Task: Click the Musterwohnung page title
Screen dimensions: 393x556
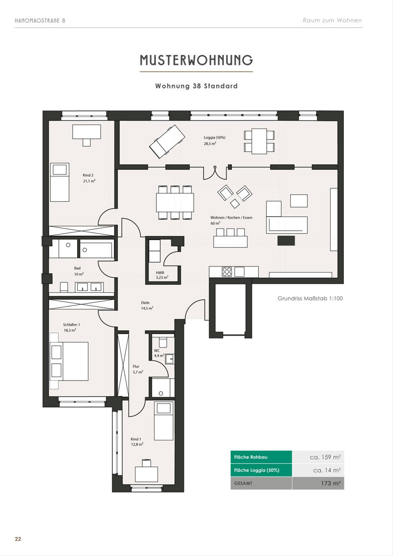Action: point(196,60)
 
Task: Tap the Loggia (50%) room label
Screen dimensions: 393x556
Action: point(215,138)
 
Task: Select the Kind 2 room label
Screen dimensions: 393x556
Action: point(88,175)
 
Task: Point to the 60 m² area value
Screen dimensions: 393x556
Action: point(215,223)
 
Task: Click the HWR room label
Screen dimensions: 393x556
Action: point(160,273)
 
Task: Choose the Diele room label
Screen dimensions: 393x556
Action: point(145,303)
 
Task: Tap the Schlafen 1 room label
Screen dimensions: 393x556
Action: point(71,325)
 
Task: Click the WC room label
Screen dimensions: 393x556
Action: point(157,351)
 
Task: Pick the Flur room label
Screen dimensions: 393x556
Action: point(136,366)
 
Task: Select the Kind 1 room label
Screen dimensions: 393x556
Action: point(136,439)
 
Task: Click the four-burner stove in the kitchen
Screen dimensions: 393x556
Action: point(227,272)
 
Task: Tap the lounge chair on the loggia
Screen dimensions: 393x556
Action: point(167,142)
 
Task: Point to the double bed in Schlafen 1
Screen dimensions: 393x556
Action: point(69,361)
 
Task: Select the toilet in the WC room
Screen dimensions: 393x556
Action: point(163,342)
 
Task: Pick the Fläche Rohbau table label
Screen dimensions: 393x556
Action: point(251,457)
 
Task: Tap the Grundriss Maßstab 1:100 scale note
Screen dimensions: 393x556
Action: point(310,298)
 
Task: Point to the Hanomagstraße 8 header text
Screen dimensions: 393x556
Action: point(40,21)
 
